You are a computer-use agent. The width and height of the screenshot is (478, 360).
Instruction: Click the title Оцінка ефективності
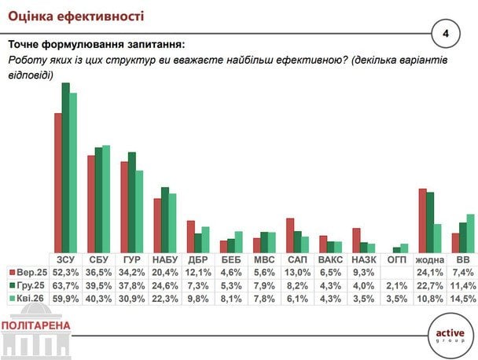(x=70, y=14)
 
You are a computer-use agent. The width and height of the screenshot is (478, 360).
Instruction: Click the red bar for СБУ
(x=91, y=204)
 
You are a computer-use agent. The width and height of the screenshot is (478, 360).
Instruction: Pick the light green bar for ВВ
(x=471, y=233)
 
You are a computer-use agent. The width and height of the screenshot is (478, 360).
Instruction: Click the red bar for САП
(x=290, y=235)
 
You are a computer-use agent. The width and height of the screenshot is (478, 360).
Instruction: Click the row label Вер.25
(x=32, y=272)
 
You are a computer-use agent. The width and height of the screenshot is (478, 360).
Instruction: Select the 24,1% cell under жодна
(x=429, y=272)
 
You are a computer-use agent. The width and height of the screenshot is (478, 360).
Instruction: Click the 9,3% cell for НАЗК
(x=363, y=272)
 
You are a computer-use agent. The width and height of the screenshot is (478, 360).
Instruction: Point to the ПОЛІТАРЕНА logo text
(x=36, y=325)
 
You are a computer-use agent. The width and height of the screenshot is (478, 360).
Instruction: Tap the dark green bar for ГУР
(x=132, y=202)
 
